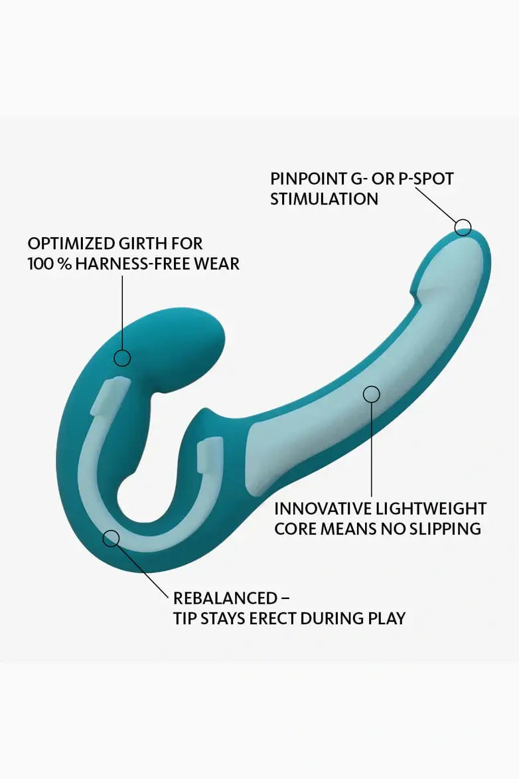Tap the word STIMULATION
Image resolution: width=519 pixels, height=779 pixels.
tap(324, 199)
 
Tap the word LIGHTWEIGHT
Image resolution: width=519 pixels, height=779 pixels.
tap(432, 509)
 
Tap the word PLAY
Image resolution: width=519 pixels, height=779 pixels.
tap(386, 618)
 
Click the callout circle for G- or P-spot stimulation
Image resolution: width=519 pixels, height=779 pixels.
tap(463, 227)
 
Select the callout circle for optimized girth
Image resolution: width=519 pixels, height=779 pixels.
tap(122, 359)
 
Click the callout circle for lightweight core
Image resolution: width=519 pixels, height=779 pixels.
tap(372, 394)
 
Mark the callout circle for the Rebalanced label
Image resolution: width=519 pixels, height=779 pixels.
tap(111, 537)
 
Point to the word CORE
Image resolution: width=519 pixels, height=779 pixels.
tap(293, 529)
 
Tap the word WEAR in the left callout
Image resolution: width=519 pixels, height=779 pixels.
tap(220, 264)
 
